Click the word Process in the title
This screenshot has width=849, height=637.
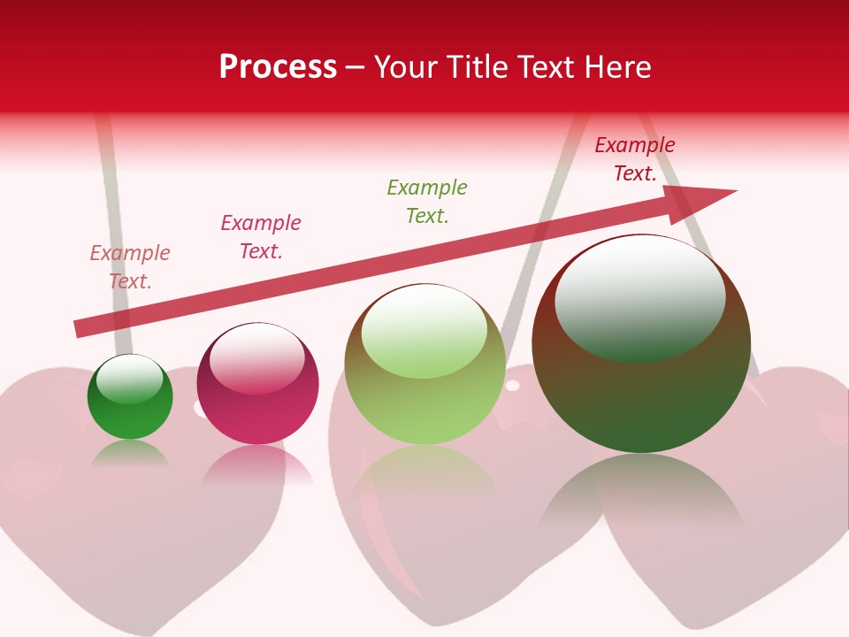[x=278, y=67]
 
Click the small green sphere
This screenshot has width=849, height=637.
[x=130, y=397]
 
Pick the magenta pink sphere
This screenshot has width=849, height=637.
[x=257, y=384]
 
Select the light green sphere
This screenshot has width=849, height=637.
[x=424, y=365]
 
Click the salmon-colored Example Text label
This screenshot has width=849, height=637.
[x=130, y=267]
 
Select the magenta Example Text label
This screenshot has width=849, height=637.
[x=261, y=237]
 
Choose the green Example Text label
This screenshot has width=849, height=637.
[x=427, y=202]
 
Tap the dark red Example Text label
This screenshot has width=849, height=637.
[x=635, y=159]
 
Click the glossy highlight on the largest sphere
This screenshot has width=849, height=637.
[x=639, y=296]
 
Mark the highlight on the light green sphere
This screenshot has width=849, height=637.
[x=424, y=330]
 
